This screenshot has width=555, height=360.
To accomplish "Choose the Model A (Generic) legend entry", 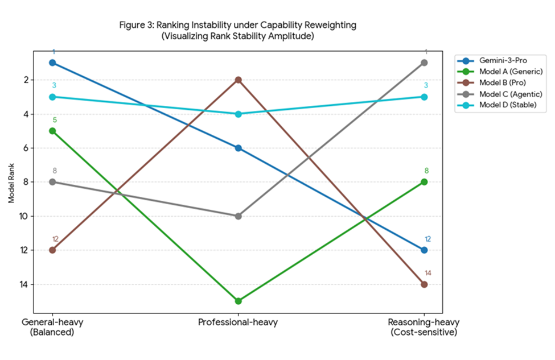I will (x=503, y=72).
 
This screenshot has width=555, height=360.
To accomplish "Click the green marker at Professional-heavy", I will (x=239, y=301).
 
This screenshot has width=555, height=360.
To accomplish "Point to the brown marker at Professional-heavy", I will (x=239, y=80).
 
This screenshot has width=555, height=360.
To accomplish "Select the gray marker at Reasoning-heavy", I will (x=424, y=63).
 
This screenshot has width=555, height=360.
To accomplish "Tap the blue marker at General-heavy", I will (x=52, y=63).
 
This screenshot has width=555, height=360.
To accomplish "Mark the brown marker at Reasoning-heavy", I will (x=424, y=284).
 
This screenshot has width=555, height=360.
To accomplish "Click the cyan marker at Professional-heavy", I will (x=239, y=114).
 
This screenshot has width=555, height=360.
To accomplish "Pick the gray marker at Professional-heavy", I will (x=239, y=216).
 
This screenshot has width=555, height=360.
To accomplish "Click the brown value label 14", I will (x=428, y=273).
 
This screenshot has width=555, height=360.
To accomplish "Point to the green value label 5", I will (x=54, y=120).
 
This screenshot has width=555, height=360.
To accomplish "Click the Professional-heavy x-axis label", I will (x=238, y=323).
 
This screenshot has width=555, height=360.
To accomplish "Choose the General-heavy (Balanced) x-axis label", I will (x=52, y=327).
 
